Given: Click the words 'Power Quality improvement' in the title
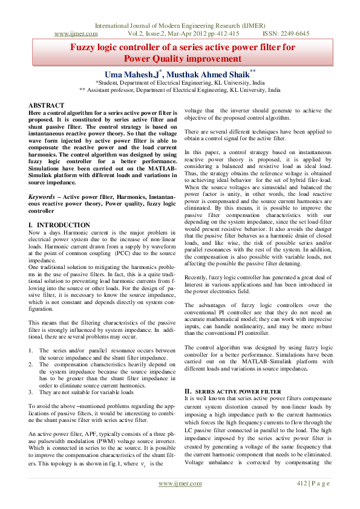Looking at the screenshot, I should [182, 59].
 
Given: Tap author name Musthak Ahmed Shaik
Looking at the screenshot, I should [208, 73].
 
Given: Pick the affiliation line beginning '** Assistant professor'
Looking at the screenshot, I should [180, 89].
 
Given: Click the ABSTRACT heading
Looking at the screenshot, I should [47, 105].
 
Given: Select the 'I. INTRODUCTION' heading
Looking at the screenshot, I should [60, 225].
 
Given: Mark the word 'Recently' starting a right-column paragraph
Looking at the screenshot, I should [197, 276].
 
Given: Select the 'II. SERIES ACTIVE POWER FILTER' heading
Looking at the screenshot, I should [232, 392].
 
